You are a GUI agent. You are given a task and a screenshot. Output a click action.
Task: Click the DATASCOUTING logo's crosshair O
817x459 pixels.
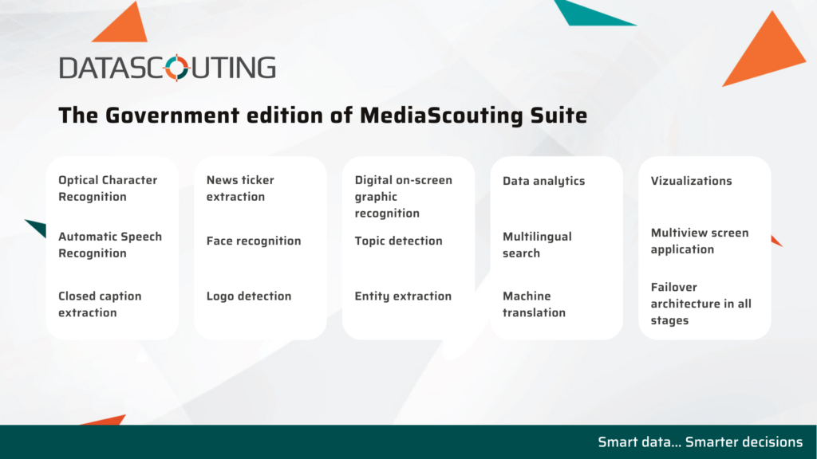click(x=176, y=68)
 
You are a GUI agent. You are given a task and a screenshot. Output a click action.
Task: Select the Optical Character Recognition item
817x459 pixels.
click(x=108, y=188)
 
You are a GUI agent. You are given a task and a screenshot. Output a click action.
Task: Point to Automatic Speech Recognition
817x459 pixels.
click(x=110, y=245)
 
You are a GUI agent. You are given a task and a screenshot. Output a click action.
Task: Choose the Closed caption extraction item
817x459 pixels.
click(x=100, y=304)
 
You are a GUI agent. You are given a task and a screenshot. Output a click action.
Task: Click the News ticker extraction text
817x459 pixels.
click(x=239, y=188)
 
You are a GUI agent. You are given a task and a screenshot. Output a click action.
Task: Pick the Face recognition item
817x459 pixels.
click(x=253, y=241)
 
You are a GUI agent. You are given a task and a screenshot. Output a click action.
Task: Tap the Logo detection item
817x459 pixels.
click(x=249, y=296)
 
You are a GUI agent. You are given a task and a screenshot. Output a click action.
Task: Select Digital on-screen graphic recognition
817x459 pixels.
click(x=403, y=197)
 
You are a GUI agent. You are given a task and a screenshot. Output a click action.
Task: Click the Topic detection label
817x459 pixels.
click(x=398, y=241)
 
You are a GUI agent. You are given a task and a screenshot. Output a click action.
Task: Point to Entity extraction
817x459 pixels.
click(x=403, y=296)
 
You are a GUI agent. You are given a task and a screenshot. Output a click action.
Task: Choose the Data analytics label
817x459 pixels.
click(x=543, y=181)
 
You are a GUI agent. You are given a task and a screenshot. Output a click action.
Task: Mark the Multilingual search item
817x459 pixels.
click(x=537, y=245)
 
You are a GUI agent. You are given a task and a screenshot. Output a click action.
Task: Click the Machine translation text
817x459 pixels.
click(x=534, y=304)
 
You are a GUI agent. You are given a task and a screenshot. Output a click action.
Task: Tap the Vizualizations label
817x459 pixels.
click(x=691, y=181)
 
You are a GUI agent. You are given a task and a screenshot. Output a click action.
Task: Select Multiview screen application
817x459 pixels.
click(x=699, y=241)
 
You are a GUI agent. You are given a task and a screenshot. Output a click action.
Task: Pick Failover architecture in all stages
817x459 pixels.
click(x=701, y=304)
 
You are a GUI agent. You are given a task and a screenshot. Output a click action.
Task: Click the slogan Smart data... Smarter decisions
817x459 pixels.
click(x=700, y=441)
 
